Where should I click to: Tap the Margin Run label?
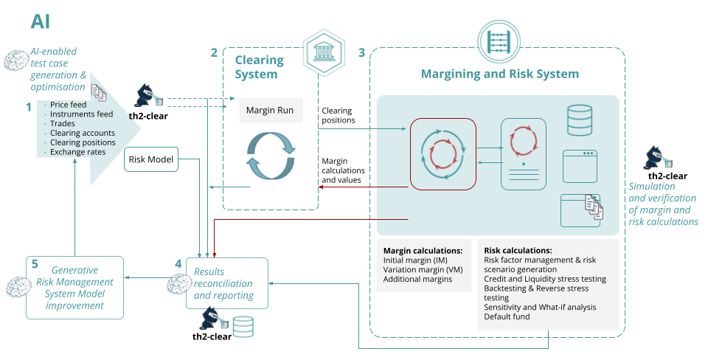[270, 111]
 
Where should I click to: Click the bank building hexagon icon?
[323, 53]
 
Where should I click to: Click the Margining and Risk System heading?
[499, 74]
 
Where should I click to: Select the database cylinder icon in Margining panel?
[579, 120]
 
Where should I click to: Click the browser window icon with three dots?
[579, 165]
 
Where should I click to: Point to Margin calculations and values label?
[344, 170]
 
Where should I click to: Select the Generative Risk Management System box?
[74, 288]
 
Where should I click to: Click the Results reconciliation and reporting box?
[227, 283]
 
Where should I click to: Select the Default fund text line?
[507, 316]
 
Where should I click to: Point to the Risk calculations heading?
[518, 250]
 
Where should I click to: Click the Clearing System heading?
[256, 66]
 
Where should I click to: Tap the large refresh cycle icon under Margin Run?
[270, 156]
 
